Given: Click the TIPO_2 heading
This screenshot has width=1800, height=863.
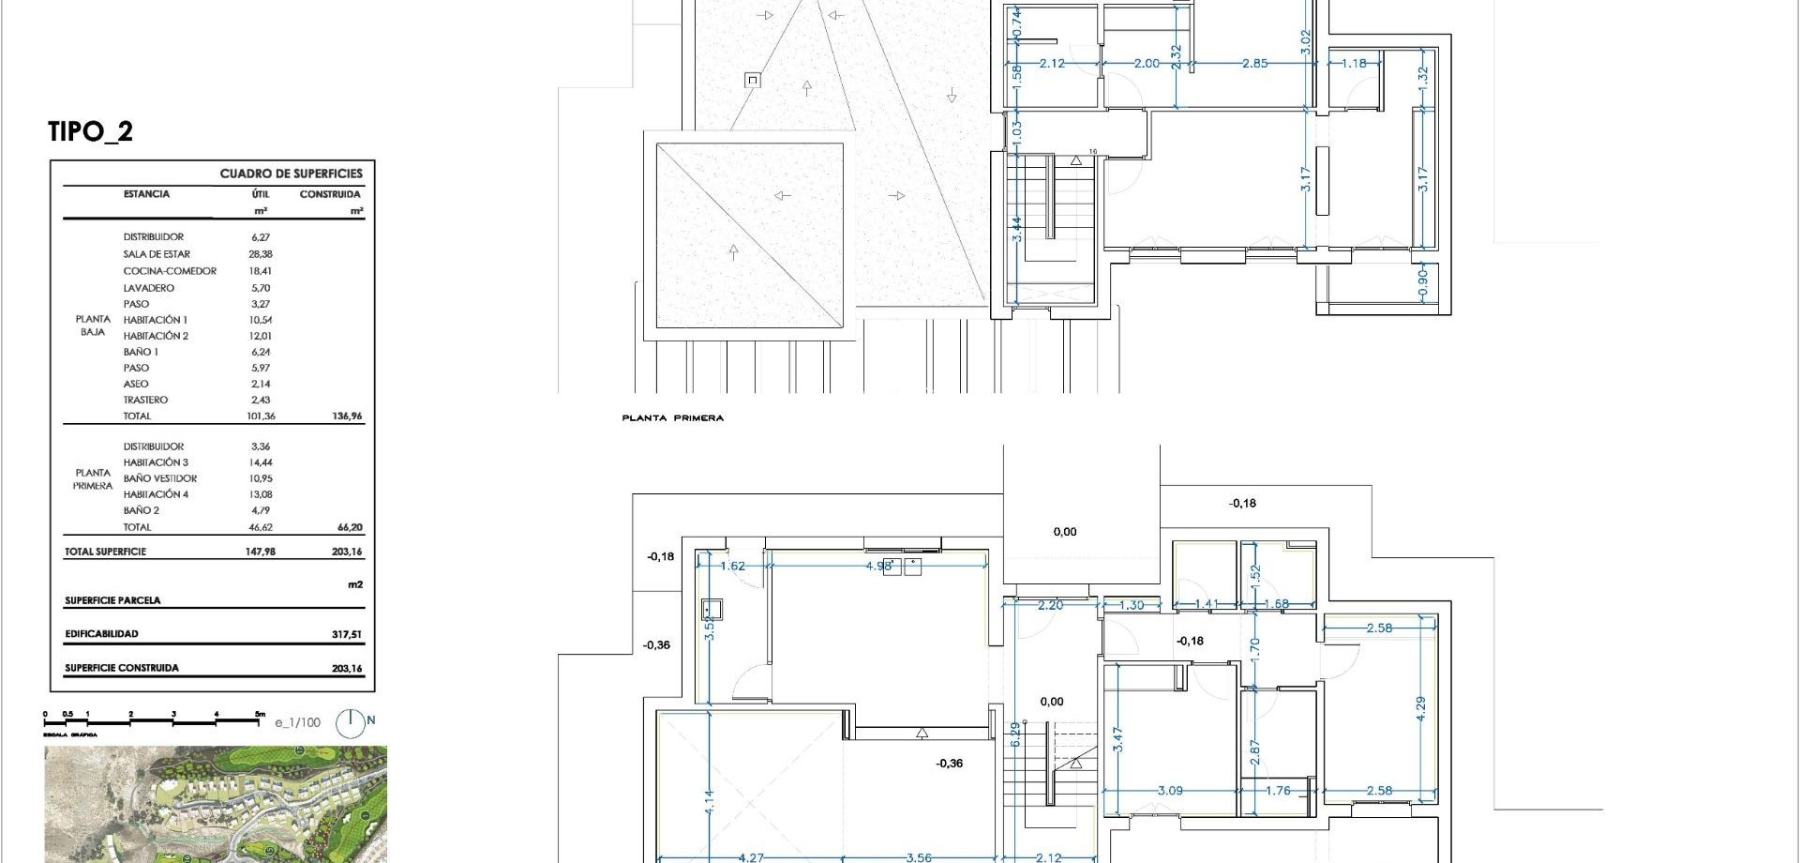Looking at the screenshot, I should [x=91, y=131].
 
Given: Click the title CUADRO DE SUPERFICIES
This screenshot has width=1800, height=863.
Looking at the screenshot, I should [x=291, y=174].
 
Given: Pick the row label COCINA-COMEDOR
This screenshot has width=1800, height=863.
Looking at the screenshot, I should [x=169, y=271].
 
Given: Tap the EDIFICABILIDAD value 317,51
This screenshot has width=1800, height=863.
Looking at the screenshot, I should [x=346, y=634].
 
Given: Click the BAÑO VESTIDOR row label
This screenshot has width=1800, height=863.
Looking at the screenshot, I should [x=159, y=478].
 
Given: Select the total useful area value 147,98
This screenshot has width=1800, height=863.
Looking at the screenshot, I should [x=260, y=552].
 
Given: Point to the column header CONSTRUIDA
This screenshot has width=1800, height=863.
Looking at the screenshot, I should [x=330, y=194].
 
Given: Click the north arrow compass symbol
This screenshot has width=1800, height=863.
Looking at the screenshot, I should [x=352, y=722].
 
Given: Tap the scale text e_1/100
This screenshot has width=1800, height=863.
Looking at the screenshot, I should [x=297, y=722].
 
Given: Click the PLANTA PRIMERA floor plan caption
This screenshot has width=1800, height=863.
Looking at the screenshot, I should [x=672, y=418].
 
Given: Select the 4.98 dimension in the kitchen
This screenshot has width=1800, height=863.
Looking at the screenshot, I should [x=878, y=566].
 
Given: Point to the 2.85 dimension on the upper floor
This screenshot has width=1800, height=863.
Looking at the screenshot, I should [x=1254, y=64].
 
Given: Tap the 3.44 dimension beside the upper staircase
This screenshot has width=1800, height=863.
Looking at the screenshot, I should [x=1017, y=231].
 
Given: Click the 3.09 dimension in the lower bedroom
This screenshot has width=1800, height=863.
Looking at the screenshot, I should [x=1169, y=791].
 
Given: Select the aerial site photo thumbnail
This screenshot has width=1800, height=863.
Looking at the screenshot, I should [x=215, y=804].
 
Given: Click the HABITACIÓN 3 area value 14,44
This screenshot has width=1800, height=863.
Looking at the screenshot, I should [x=260, y=462].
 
